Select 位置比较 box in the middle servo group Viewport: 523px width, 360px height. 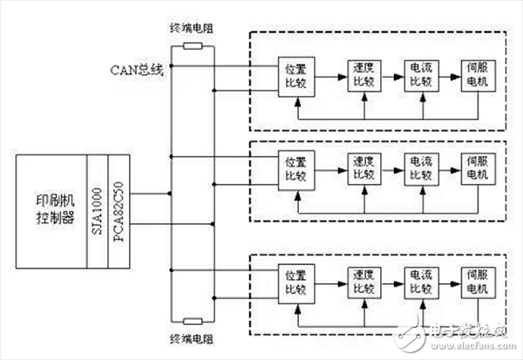click(x=292, y=168)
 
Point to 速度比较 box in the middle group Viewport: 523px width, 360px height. click(x=357, y=168)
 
